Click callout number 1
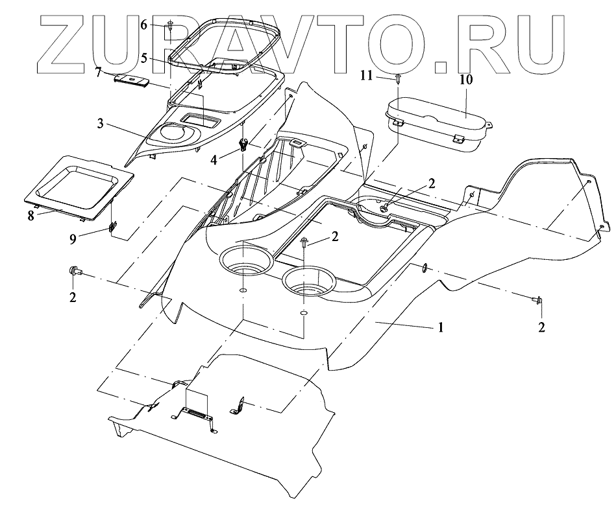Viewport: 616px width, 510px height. coord(440,328)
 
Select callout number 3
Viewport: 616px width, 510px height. coord(101,122)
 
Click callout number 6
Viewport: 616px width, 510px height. coord(145,25)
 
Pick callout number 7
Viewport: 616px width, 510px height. coord(98,72)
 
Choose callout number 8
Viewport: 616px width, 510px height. coord(31,216)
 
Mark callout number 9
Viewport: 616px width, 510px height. coord(73,238)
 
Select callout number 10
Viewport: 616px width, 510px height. coord(467,80)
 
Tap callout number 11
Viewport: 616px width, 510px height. coord(367,76)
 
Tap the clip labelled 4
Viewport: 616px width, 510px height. coord(245,145)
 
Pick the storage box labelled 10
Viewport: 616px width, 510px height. coord(438,123)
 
